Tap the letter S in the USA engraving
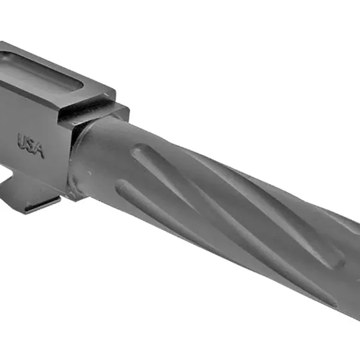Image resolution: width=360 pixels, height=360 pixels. coord(31,146)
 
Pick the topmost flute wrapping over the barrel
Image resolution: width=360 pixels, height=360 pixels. coord(252,180)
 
